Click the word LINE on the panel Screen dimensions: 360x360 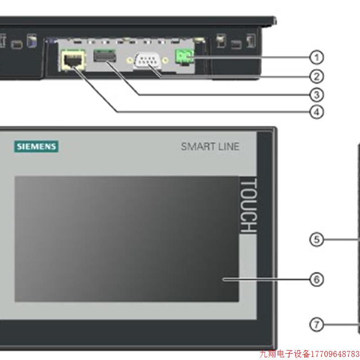(x=229, y=147)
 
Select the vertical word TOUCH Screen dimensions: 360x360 (x=248, y=206)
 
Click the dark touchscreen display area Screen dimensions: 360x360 (x=126, y=238)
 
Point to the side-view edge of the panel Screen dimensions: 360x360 (x=359, y=238)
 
